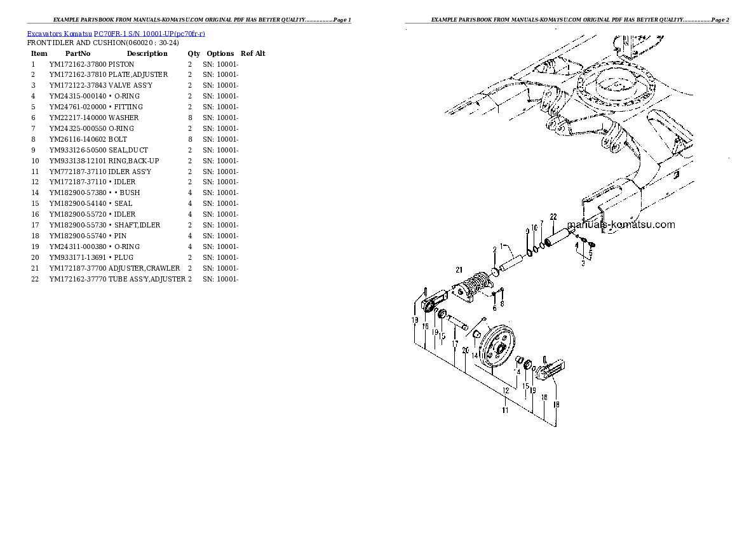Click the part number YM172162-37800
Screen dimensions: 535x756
pyautogui.click(x=78, y=64)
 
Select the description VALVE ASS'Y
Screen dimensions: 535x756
pyautogui.click(x=130, y=86)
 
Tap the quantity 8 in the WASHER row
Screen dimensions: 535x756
pyautogui.click(x=189, y=118)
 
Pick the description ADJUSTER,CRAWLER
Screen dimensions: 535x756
pyautogui.click(x=144, y=268)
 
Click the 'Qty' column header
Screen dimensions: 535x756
pyautogui.click(x=193, y=53)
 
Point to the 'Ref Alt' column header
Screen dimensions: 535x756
pyautogui.click(x=253, y=53)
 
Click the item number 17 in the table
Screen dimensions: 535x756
pyautogui.click(x=35, y=225)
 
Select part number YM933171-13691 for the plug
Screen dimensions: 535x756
pyautogui.click(x=78, y=257)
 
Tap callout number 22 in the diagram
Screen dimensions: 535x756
pyautogui.click(x=553, y=217)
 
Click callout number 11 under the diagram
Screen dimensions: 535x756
pyautogui.click(x=505, y=410)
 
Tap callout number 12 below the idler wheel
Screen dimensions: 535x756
pyautogui.click(x=506, y=390)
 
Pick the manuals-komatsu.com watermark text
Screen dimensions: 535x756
pyautogui.click(x=621, y=224)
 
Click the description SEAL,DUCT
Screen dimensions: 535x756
pyautogui.click(x=128, y=150)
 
